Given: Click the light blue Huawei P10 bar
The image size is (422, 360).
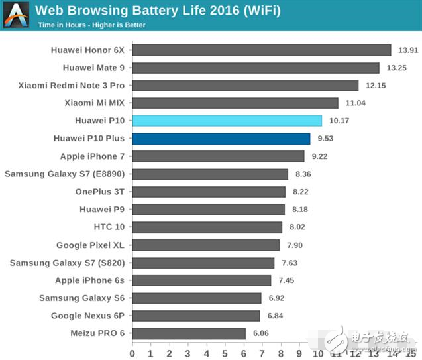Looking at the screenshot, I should (227, 121).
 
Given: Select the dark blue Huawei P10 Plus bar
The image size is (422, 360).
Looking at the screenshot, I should (221, 139).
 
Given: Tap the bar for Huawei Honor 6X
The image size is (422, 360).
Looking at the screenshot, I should (262, 50).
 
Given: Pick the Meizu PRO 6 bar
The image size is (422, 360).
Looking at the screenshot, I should (189, 333).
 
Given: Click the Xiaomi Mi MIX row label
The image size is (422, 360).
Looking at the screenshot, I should (95, 103).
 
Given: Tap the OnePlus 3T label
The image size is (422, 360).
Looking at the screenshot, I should (100, 192).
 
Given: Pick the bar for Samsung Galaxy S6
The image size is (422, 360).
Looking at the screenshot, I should (197, 298).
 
